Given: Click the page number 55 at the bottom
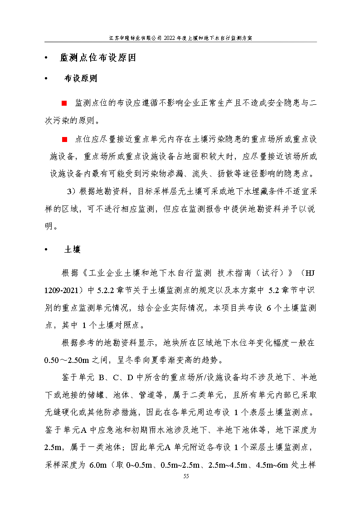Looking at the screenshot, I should point(185,476).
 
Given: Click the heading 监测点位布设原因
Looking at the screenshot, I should point(97,58).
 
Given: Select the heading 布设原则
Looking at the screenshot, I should point(81,78).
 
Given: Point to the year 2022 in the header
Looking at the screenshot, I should point(172,39).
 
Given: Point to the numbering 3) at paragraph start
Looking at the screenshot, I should point(71,191).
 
